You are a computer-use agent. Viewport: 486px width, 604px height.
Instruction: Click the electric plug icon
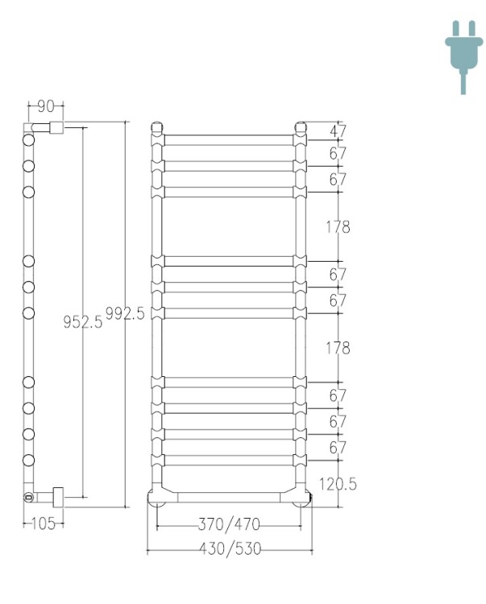click(463, 57)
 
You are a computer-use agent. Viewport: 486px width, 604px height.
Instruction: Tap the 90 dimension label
click(46, 106)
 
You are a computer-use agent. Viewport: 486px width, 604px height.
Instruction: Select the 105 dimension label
click(44, 524)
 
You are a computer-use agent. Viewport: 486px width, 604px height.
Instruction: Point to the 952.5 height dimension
click(83, 321)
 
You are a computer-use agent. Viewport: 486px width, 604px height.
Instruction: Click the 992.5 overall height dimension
click(125, 313)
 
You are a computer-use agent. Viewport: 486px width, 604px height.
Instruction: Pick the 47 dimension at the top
click(338, 131)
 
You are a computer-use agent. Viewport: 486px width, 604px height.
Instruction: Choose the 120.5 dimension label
click(338, 484)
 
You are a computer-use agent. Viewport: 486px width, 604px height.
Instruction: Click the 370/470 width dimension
click(229, 524)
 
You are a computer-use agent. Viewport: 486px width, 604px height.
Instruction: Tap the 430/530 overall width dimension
click(230, 548)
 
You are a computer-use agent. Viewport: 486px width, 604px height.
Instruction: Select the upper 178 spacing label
click(338, 227)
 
